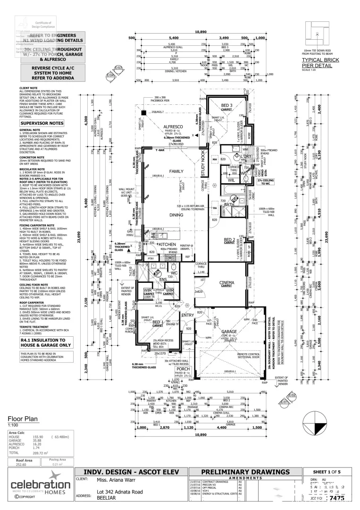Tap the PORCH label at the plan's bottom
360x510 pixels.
[176, 370]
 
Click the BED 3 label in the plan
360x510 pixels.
[227, 105]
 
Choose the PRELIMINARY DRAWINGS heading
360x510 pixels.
[245, 472]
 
